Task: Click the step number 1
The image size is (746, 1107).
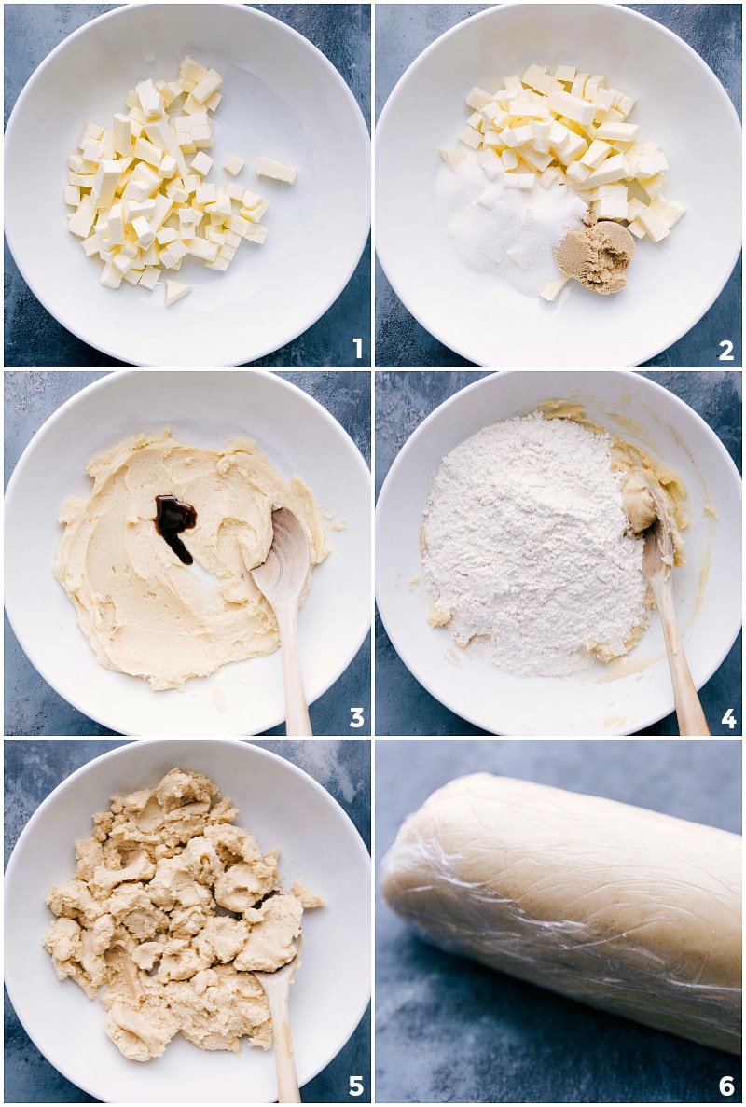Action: [356, 350]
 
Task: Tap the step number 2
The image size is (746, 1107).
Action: [725, 350]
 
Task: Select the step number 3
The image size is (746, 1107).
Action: [356, 717]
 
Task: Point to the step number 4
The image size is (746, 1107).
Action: [727, 718]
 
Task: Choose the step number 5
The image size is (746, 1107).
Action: [355, 1086]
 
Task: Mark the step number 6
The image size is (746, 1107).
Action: [726, 1086]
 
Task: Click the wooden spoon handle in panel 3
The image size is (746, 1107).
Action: [297, 671]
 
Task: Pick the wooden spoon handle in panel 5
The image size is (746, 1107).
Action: [283, 1045]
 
